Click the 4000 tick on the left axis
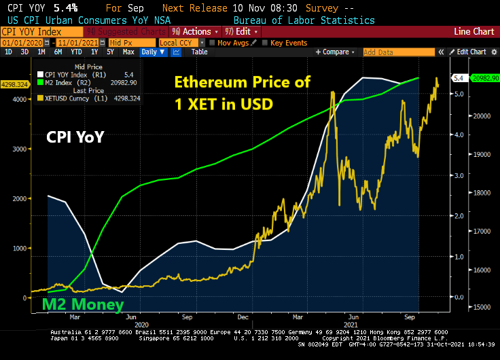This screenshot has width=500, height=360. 20,99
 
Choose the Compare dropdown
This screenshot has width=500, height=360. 337,52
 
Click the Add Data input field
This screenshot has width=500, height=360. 393,52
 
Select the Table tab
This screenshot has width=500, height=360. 199,52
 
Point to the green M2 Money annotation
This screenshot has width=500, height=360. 84,305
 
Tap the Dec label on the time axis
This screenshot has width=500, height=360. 243,317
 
